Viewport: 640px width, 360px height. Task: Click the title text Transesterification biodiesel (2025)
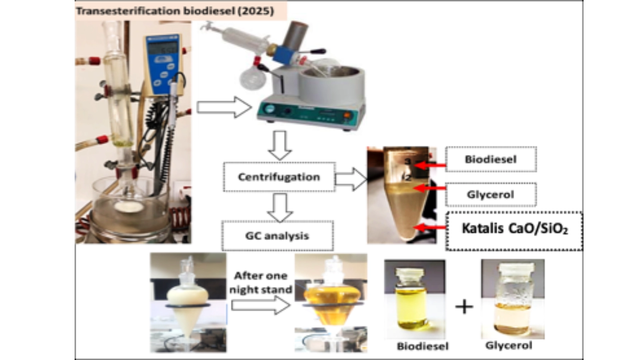click(175, 11)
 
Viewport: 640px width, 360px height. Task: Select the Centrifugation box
click(279, 177)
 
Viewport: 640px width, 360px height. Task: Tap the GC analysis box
click(277, 236)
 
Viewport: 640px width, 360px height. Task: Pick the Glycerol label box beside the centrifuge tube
click(491, 195)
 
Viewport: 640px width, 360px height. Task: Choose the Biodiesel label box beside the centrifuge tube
click(491, 159)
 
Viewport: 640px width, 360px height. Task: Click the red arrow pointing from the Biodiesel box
click(430, 165)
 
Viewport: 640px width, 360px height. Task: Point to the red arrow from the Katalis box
click(430, 228)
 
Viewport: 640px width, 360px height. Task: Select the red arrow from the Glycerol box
click(430, 188)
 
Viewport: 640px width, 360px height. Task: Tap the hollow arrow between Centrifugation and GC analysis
click(280, 207)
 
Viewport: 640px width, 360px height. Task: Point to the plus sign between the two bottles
click(464, 307)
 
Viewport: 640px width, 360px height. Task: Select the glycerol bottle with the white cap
click(513, 300)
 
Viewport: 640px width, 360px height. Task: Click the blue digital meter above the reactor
click(163, 63)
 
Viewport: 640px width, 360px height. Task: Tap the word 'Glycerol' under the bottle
click(509, 346)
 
